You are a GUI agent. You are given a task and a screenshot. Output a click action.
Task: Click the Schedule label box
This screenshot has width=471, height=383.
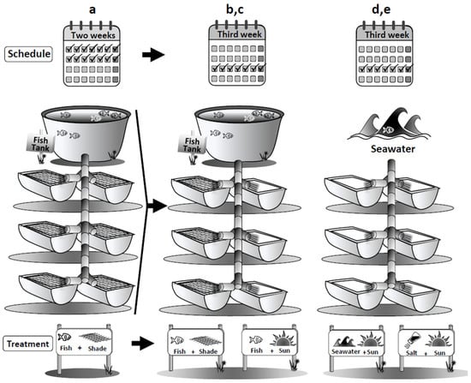coord(28,54)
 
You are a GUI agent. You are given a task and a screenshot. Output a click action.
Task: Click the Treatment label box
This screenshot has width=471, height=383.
coord(28,344)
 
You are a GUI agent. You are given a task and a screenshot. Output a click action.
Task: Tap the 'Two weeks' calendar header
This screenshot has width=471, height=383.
coord(93,35)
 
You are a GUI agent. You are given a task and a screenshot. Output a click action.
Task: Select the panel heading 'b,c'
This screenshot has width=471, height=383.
coord(235,9)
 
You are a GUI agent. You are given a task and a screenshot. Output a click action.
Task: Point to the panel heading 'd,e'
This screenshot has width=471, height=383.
coord(381,9)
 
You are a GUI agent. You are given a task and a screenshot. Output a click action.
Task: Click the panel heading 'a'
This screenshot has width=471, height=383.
coord(92,10)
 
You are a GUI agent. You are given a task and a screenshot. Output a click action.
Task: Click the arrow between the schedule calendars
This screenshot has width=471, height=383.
coord(153,55)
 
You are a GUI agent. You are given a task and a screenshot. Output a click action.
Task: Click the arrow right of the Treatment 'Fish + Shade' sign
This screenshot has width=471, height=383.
coord(143,344)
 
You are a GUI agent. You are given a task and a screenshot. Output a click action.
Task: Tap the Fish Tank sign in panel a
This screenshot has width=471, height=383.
coord(40,144)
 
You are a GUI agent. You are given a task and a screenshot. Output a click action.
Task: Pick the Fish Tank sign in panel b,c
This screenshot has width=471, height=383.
coord(192,144)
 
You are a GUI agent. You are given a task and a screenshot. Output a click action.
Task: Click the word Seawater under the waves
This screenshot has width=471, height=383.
coord(392,149)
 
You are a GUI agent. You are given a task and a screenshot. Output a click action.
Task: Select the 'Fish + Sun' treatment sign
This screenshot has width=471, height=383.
coord(270,342)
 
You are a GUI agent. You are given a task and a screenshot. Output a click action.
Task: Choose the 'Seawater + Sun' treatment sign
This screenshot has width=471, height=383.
coord(356,343)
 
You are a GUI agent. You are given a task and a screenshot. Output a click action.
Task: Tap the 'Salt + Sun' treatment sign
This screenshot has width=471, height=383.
coord(426,343)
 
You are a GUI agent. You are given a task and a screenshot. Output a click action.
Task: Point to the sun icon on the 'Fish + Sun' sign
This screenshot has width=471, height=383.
coord(283,338)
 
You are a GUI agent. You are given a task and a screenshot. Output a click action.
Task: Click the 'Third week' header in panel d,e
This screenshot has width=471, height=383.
coord(387,35)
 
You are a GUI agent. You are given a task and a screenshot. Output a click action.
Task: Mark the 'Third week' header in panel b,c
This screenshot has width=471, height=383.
coord(240,34)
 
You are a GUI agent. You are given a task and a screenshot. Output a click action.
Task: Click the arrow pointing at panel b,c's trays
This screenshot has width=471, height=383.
coord(157,206)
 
